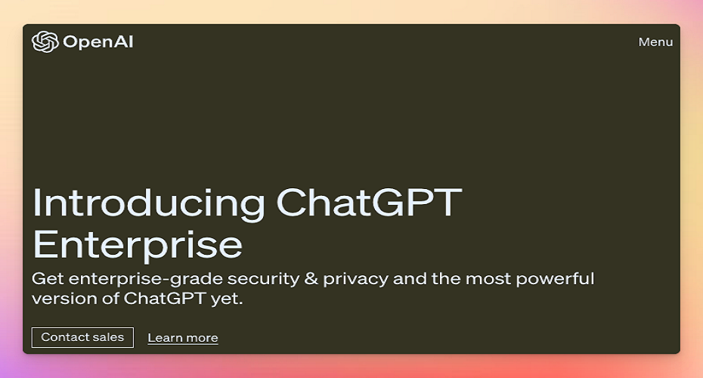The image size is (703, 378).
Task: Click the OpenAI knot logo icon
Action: (x=45, y=42)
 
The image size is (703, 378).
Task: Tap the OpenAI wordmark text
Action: (x=98, y=42)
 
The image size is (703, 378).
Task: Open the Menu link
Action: (x=655, y=42)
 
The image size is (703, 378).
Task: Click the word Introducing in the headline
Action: (x=149, y=203)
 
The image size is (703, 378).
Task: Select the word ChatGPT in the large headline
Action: (x=369, y=203)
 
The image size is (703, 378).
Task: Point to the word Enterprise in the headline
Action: (x=138, y=245)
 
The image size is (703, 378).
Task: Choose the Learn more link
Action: (x=183, y=338)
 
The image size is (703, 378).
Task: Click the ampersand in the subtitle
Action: (x=311, y=278)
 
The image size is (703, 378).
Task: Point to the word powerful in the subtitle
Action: (x=555, y=279)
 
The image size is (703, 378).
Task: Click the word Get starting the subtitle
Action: (x=48, y=279)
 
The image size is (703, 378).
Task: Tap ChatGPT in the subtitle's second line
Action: (x=165, y=298)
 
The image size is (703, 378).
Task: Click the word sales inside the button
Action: (x=110, y=337)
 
